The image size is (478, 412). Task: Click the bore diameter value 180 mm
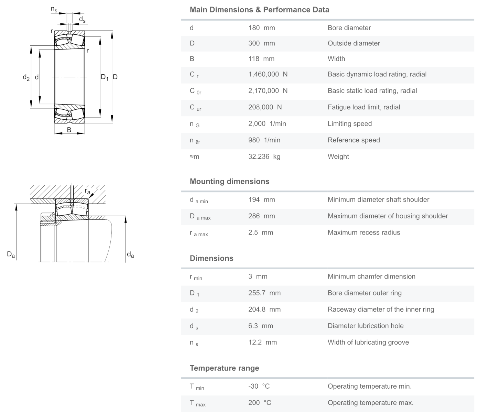pyautogui.click(x=261, y=28)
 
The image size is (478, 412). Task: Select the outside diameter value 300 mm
pyautogui.click(x=261, y=43)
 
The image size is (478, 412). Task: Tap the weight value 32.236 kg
pyautogui.click(x=264, y=157)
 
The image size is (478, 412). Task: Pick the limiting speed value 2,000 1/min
pyautogui.click(x=267, y=124)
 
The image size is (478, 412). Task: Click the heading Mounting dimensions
pyautogui.click(x=229, y=182)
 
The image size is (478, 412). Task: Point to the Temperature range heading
pyautogui.click(x=224, y=368)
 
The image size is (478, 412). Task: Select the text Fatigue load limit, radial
pyautogui.click(x=363, y=107)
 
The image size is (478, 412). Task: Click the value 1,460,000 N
pyautogui.click(x=268, y=74)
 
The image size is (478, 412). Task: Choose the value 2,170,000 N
pyautogui.click(x=268, y=91)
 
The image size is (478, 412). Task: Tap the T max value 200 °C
pyautogui.click(x=260, y=403)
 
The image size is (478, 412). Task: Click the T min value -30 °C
pyautogui.click(x=259, y=386)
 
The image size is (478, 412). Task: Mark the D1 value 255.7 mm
pyautogui.click(x=264, y=293)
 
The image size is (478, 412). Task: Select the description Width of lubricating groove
pyautogui.click(x=368, y=343)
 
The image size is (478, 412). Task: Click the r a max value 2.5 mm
pyautogui.click(x=260, y=232)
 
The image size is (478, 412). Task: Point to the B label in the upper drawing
pyautogui.click(x=69, y=130)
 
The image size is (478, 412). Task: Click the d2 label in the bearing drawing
pyautogui.click(x=26, y=77)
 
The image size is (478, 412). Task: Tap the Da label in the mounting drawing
pyautogui.click(x=11, y=254)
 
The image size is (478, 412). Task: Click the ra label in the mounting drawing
pyautogui.click(x=88, y=191)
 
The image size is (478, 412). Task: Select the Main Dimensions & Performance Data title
pyautogui.click(x=259, y=10)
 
